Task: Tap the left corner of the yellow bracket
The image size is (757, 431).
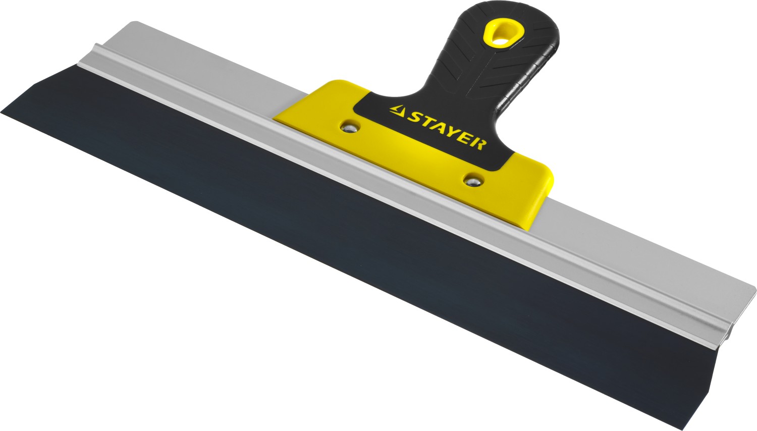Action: [x=276, y=119]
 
